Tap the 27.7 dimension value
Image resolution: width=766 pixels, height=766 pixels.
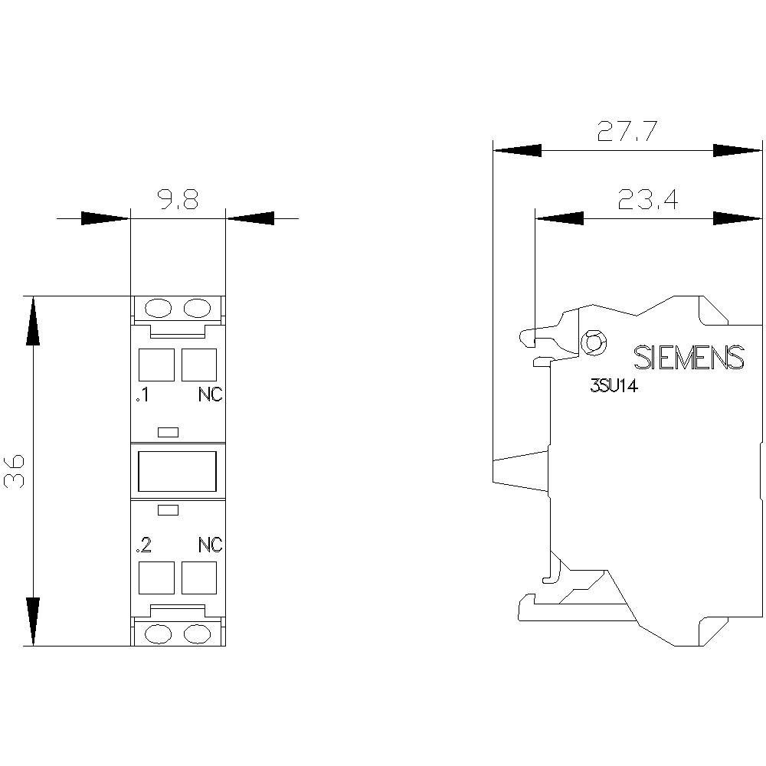click(x=627, y=132)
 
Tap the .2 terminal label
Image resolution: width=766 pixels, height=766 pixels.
click(x=142, y=545)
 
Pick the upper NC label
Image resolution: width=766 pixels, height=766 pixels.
click(x=210, y=395)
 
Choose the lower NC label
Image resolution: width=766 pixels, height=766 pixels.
click(x=210, y=545)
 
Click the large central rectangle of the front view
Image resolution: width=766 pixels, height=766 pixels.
click(x=178, y=470)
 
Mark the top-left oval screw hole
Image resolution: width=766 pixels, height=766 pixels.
click(x=158, y=308)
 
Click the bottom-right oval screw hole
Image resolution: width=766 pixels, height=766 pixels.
click(x=197, y=633)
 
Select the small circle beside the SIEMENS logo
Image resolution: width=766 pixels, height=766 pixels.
click(x=591, y=342)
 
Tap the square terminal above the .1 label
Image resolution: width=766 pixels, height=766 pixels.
click(x=156, y=365)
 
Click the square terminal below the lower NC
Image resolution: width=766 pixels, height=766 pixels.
click(x=198, y=578)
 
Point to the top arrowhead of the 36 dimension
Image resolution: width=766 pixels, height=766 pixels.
click(x=33, y=322)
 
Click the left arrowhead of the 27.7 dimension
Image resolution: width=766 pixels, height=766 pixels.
click(x=517, y=150)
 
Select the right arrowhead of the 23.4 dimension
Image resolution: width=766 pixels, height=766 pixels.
click(x=737, y=219)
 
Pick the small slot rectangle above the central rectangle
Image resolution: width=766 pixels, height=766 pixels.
click(x=168, y=432)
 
